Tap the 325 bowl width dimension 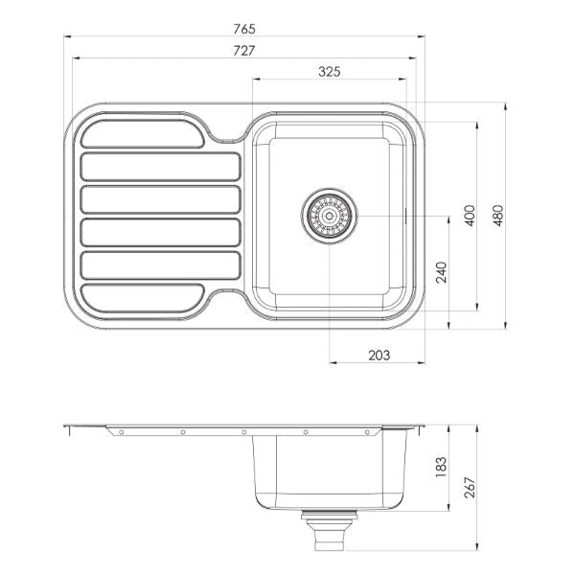pyautogui.click(x=329, y=71)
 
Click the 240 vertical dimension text pyautogui.click(x=441, y=273)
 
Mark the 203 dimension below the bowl pyautogui.click(x=379, y=355)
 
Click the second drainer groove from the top pyautogui.click(x=160, y=167)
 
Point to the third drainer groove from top pyautogui.click(x=160, y=199)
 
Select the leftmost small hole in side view pyautogui.click(x=122, y=433)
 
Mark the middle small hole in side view pyautogui.click(x=243, y=433)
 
